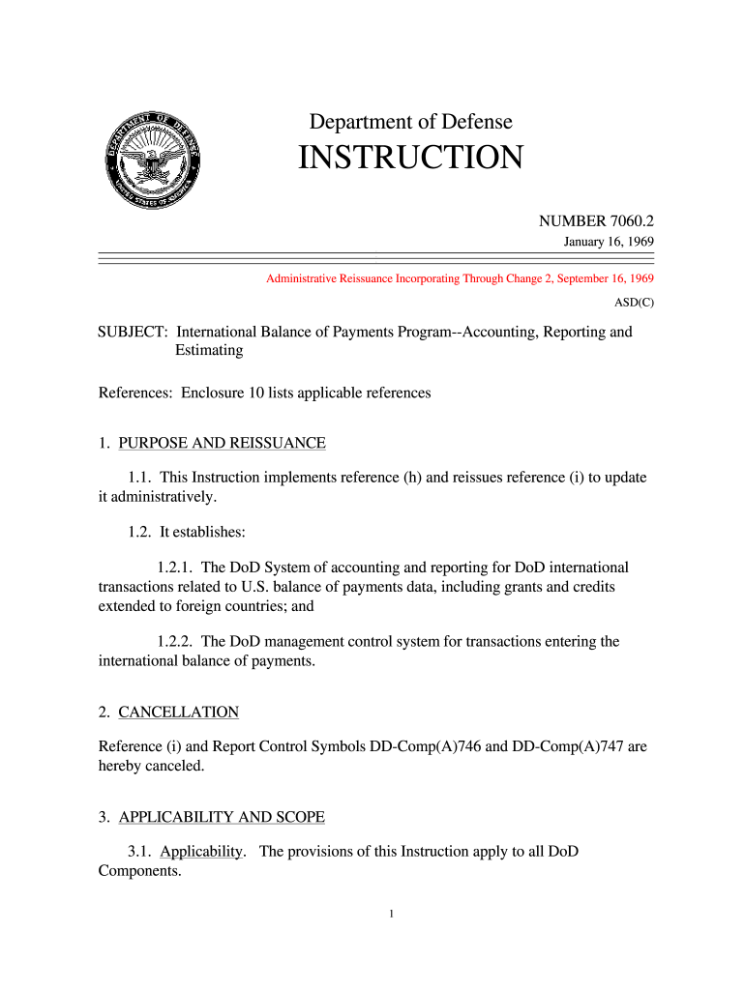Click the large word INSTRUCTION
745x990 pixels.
[410, 158]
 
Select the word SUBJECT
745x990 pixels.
[132, 332]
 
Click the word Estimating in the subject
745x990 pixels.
[208, 350]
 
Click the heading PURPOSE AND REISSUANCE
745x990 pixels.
[222, 443]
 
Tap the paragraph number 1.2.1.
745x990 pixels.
[175, 568]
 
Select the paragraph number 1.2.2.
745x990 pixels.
[175, 641]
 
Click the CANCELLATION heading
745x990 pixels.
[178, 712]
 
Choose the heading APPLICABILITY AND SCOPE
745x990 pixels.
[222, 817]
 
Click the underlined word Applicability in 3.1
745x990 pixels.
[201, 852]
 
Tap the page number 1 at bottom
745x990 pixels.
[388, 914]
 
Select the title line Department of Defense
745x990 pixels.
[410, 122]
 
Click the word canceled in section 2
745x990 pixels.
[172, 765]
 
